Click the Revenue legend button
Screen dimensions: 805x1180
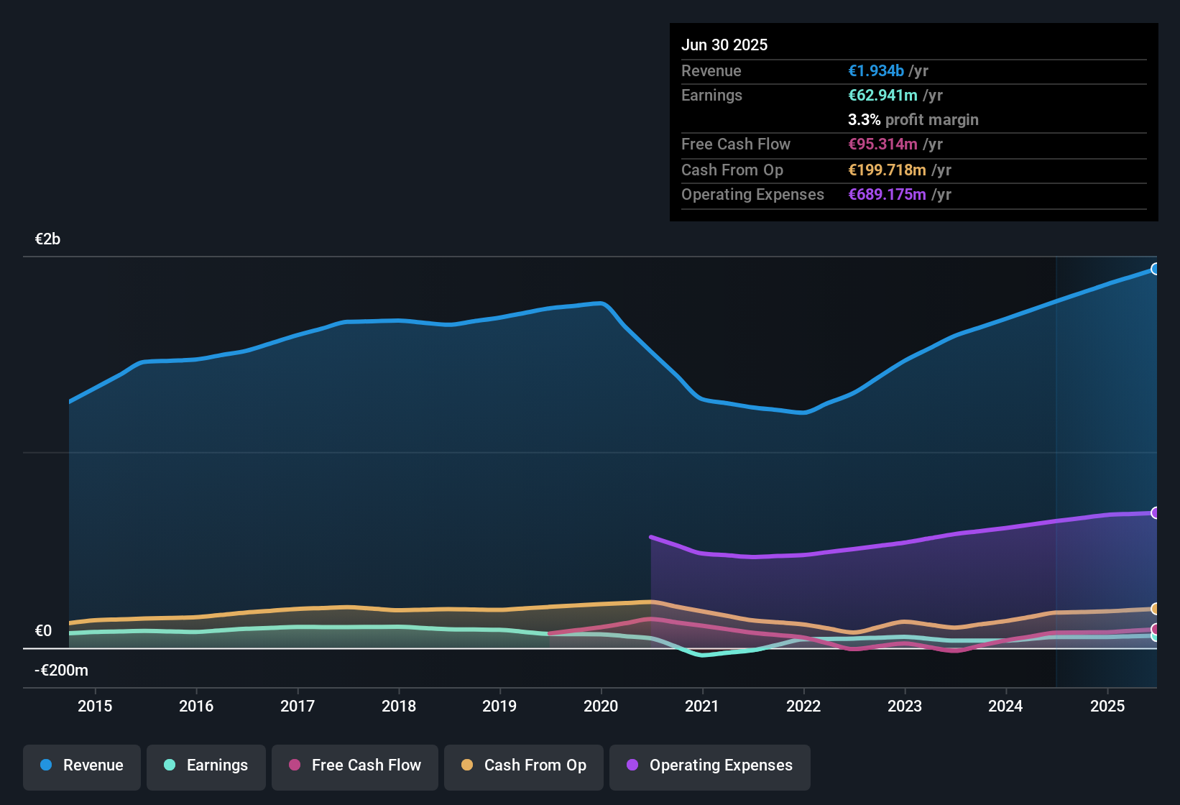pyautogui.click(x=82, y=765)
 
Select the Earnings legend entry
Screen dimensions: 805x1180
pyautogui.click(x=206, y=765)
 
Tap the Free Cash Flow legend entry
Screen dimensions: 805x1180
pyautogui.click(x=355, y=765)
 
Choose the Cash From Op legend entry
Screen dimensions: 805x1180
pyautogui.click(x=524, y=765)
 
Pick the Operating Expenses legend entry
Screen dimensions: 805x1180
pyautogui.click(x=710, y=765)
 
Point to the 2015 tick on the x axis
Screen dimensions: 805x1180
pyautogui.click(x=95, y=706)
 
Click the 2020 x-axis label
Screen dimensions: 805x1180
pyautogui.click(x=601, y=706)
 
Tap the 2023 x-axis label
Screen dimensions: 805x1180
pyautogui.click(x=905, y=706)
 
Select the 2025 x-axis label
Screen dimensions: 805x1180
pyautogui.click(x=1107, y=706)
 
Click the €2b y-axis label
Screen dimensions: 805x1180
pyautogui.click(x=47, y=239)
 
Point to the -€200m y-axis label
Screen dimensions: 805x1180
pyautogui.click(x=61, y=671)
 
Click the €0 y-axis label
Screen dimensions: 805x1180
pyautogui.click(x=43, y=631)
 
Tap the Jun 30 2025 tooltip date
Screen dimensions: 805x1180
pyautogui.click(x=724, y=45)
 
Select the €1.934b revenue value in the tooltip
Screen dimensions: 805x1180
pyautogui.click(x=876, y=70)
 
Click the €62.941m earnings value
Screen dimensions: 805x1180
pyautogui.click(x=882, y=95)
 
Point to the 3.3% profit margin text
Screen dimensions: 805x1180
pyautogui.click(x=913, y=119)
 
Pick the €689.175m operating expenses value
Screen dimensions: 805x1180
pyautogui.click(x=887, y=194)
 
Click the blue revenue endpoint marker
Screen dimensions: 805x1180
pyautogui.click(x=1155, y=269)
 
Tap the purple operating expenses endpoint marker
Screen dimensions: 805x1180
pyautogui.click(x=1155, y=512)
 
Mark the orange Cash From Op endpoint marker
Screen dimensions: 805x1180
pyautogui.click(x=1155, y=609)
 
